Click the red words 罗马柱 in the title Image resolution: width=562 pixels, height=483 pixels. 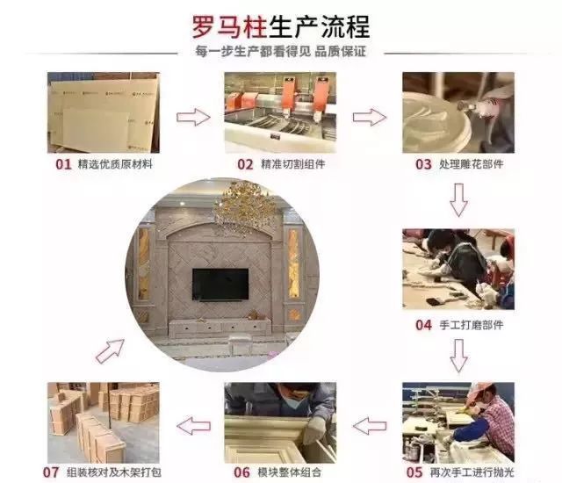229,27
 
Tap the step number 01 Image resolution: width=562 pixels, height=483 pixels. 63,164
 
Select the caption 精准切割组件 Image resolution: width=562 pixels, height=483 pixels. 292,164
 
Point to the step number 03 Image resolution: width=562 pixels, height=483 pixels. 423,164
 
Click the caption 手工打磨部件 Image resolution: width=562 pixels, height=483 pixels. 471,325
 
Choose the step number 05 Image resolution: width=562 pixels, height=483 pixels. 414,472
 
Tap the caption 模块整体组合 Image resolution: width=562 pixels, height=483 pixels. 289,472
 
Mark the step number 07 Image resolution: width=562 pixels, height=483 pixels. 51,472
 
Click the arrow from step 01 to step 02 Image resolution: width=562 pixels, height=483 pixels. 193,117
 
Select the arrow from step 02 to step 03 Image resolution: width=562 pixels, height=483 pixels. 370,117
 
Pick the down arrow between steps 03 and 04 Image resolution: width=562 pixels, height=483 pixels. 458,200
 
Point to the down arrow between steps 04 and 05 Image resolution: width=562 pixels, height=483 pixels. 458,356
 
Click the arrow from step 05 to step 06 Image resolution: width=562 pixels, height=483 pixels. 370,426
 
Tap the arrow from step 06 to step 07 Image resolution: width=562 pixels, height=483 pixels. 193,426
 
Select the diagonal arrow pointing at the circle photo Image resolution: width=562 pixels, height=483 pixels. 110,351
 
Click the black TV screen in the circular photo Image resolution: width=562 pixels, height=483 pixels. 220,285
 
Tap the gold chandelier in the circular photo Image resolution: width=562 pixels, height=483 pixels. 244,208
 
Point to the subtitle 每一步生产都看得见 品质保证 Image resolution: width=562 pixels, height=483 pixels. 281,52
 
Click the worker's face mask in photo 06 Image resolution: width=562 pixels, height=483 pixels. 295,401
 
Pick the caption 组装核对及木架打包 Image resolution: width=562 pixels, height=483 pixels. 114,472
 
